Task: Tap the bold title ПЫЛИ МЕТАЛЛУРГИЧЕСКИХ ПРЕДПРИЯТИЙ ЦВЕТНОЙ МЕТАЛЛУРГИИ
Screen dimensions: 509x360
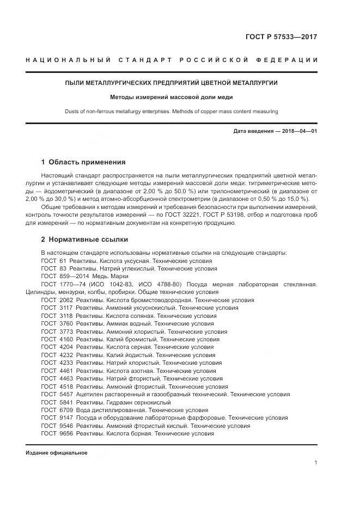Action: (x=171, y=83)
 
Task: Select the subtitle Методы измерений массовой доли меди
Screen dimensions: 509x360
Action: (x=171, y=97)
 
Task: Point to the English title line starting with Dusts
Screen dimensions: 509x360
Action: (x=171, y=112)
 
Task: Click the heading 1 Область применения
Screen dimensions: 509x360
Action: (x=83, y=162)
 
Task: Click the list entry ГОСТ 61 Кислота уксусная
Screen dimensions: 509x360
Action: (x=126, y=261)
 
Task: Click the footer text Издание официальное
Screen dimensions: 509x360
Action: (x=56, y=453)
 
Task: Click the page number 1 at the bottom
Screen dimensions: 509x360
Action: (x=315, y=463)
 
